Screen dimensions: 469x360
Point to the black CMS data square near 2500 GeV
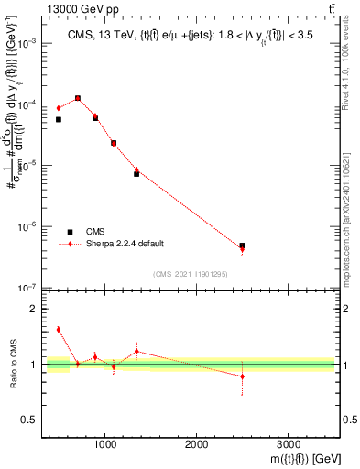(x=242, y=245)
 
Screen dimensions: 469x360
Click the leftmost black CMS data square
(x=59, y=119)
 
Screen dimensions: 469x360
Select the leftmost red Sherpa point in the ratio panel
(x=59, y=330)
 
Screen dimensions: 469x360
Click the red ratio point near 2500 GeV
(x=242, y=376)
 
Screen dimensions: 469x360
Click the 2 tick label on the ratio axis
(x=34, y=309)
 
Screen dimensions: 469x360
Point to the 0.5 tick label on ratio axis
(x=30, y=420)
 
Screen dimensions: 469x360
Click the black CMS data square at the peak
(x=77, y=97)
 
